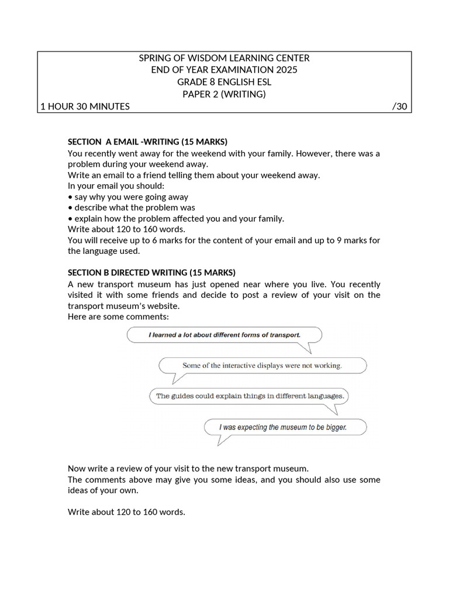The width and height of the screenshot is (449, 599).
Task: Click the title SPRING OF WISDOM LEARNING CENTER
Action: pyautogui.click(x=224, y=58)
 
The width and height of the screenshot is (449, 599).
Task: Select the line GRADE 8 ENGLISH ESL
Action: pyautogui.click(x=224, y=82)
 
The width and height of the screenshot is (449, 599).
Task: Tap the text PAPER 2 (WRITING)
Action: pyautogui.click(x=224, y=94)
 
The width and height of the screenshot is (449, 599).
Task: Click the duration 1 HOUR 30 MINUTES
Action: pyautogui.click(x=85, y=106)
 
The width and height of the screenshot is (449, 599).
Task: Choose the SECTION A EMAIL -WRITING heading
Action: pyautogui.click(x=147, y=142)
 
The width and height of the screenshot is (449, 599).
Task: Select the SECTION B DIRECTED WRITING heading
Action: pyautogui.click(x=151, y=273)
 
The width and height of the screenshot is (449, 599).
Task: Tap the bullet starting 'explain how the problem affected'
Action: pyautogui.click(x=176, y=218)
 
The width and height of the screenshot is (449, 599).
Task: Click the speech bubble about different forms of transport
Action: pyautogui.click(x=224, y=335)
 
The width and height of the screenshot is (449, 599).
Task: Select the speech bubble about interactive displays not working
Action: pyautogui.click(x=261, y=366)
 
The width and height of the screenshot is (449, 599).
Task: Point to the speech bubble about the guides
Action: pyautogui.click(x=250, y=396)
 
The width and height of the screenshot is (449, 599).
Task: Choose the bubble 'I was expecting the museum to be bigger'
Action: pyautogui.click(x=283, y=427)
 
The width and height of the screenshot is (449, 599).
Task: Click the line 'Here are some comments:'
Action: pyautogui.click(x=118, y=316)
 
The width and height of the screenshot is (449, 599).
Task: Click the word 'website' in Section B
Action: pyautogui.click(x=164, y=306)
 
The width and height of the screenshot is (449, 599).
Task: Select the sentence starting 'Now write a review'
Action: pyautogui.click(x=188, y=469)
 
